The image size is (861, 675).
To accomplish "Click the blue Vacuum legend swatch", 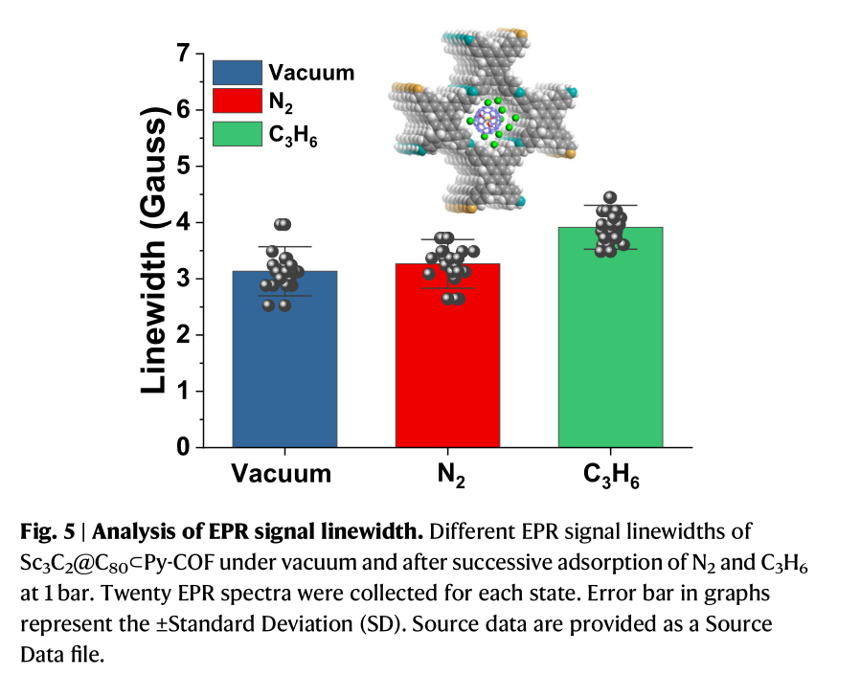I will [237, 73].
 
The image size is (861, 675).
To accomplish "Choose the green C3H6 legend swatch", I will [237, 133].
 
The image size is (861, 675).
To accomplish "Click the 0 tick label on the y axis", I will [181, 447].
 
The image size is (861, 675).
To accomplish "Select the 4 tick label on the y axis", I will [181, 223].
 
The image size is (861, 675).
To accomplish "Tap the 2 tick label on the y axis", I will [181, 335].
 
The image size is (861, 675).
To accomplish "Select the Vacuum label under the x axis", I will [282, 473].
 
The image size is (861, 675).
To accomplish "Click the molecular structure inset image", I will [486, 120].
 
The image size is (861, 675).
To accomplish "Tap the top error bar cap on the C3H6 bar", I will [610, 206].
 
